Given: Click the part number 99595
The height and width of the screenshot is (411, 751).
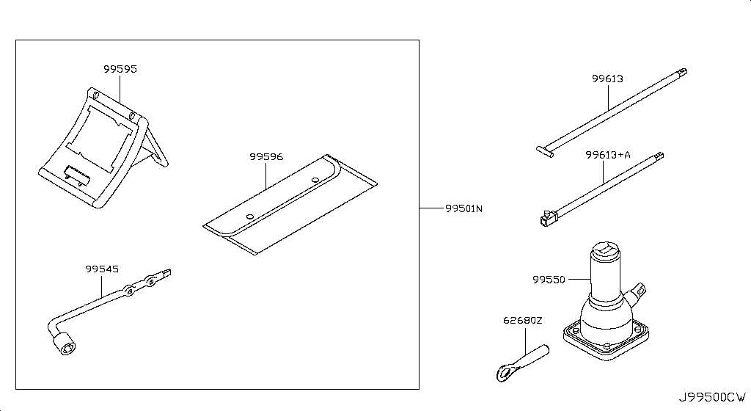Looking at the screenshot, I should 120,69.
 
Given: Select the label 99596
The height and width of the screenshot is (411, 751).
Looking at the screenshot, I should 265,156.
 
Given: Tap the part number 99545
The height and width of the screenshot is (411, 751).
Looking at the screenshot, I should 100,269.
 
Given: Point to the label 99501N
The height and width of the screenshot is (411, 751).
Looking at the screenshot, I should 464,208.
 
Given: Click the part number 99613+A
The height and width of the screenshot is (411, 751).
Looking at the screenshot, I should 608,155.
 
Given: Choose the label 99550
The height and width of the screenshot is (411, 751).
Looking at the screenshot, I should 550,280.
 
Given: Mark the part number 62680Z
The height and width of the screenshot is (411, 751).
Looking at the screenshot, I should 522,320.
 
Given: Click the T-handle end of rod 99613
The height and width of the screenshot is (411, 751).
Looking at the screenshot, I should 544,150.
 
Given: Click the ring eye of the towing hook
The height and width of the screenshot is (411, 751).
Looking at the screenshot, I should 505,372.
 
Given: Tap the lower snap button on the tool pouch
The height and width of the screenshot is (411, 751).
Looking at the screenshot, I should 250,216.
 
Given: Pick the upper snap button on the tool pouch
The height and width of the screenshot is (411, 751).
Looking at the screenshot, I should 314,178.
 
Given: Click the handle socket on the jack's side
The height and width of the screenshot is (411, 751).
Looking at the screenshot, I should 641,290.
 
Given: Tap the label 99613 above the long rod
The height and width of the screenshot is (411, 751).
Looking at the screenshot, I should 608,79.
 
